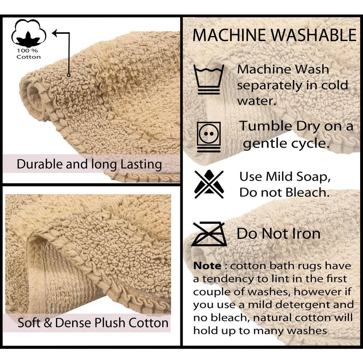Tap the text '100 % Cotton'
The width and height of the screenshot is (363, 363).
point(28,54)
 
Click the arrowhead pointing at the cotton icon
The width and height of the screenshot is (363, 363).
point(55,33)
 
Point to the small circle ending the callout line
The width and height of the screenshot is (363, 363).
point(69,75)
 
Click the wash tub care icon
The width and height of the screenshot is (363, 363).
point(209,79)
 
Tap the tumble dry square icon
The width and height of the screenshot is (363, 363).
point(209,137)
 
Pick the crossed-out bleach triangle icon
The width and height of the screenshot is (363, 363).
point(209,184)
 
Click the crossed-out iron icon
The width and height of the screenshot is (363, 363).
point(209,234)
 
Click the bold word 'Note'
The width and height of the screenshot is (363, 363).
point(207,266)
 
